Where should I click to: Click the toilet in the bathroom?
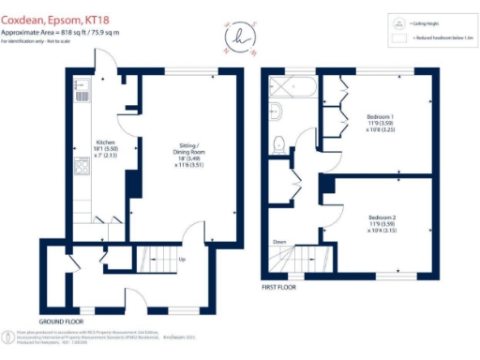tap(278, 144)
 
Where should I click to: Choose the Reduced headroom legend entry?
tap(427, 38)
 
